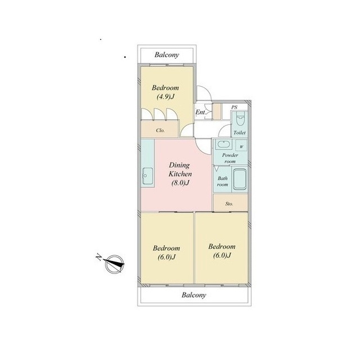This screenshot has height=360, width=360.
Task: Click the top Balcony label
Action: tap(166, 55)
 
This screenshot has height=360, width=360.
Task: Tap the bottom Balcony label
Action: tap(193, 295)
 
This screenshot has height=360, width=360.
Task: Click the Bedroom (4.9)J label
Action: tap(165, 92)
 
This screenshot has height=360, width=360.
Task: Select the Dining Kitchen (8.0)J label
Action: tap(180, 174)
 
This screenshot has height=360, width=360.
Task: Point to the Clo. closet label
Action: tap(160, 130)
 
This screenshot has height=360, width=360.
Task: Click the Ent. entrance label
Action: tap(200, 112)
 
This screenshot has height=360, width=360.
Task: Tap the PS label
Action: tap(234, 107)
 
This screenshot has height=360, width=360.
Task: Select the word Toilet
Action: tap(240, 133)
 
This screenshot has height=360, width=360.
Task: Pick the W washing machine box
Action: tap(241, 146)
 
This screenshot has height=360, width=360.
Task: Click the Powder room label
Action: tap(230, 158)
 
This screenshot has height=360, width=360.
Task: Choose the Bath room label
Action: tap(223, 181)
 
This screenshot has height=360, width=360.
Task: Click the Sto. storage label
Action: tap(229, 204)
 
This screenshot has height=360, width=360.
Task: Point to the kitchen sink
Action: tap(147, 176)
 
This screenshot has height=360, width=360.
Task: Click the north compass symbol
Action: tap(114, 264)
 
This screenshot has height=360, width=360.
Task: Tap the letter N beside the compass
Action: tap(99, 257)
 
